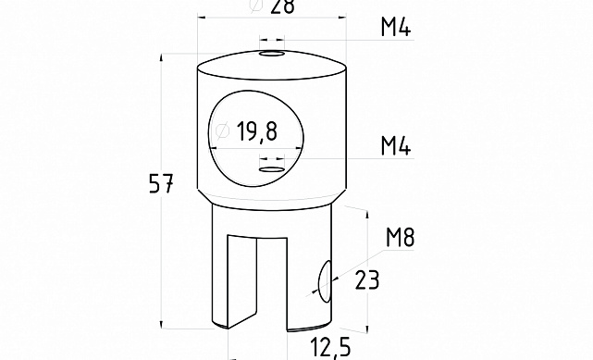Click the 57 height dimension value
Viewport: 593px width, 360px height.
(161, 183)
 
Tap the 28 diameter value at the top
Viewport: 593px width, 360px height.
(282, 6)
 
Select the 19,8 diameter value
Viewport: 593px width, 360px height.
(257, 131)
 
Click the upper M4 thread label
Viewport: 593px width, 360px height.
(396, 27)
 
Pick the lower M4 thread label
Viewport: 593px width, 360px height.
(396, 146)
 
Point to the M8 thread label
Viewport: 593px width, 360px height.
(401, 238)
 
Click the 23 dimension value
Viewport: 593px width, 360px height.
(367, 280)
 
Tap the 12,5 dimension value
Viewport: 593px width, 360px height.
(330, 347)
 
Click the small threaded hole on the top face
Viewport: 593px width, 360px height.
(272, 54)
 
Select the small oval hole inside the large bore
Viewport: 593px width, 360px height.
(272, 169)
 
